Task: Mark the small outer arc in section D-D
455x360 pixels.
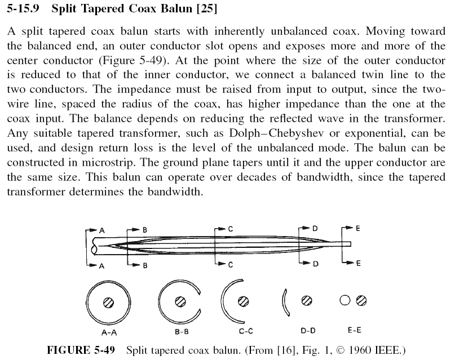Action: (x=286, y=301)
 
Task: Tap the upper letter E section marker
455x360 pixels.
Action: (x=358, y=229)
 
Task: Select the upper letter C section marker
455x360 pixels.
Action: (x=231, y=229)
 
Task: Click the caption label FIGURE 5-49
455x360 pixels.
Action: (x=81, y=350)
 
